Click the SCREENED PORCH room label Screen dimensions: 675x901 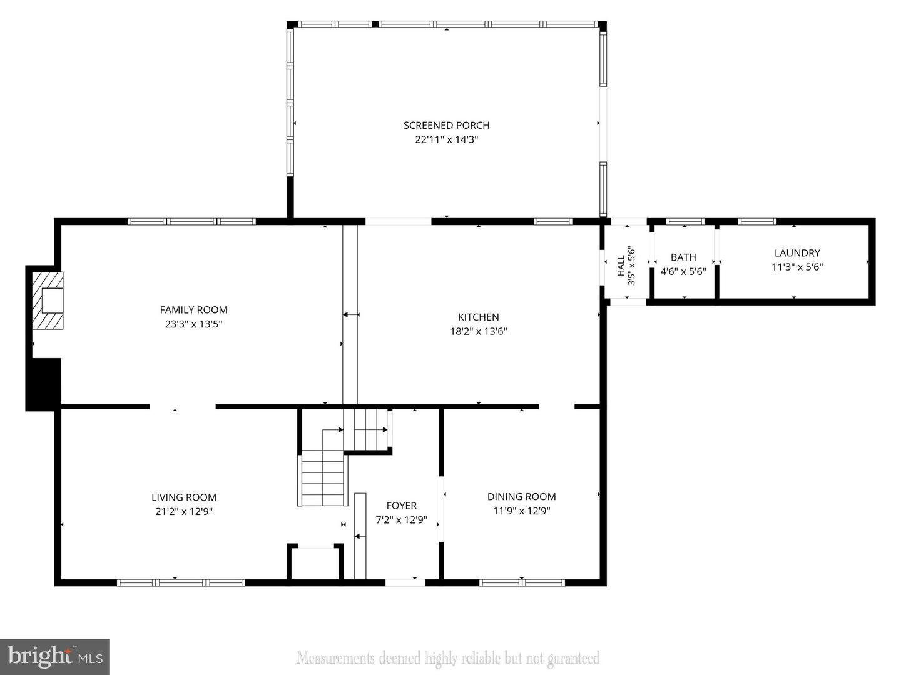pyautogui.click(x=446, y=126)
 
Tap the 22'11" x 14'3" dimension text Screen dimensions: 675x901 pyautogui.click(x=446, y=140)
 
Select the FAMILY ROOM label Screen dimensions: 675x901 pyautogui.click(x=193, y=310)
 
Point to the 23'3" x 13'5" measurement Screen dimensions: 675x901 pyautogui.click(x=193, y=324)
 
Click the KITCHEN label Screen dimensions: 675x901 pyautogui.click(x=479, y=317)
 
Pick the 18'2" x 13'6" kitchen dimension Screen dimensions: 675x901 pyautogui.click(x=479, y=332)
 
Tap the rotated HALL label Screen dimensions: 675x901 pyautogui.click(x=621, y=266)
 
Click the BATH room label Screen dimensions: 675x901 pyautogui.click(x=683, y=257)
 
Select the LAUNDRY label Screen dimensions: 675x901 pyautogui.click(x=797, y=253)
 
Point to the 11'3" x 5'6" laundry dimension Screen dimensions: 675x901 pyautogui.click(x=797, y=267)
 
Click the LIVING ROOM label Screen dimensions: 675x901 pyautogui.click(x=184, y=497)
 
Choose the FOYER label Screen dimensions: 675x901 pyautogui.click(x=401, y=506)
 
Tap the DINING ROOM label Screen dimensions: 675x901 pyautogui.click(x=521, y=497)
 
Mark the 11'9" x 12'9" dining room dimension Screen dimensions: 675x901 pyautogui.click(x=521, y=511)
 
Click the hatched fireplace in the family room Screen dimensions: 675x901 pyautogui.click(x=48, y=300)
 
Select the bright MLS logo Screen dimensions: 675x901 pyautogui.click(x=55, y=657)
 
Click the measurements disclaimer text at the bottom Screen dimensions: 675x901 pyautogui.click(x=448, y=658)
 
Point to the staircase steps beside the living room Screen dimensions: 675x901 pyautogui.click(x=322, y=479)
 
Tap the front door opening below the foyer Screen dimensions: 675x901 pyautogui.click(x=405, y=582)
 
